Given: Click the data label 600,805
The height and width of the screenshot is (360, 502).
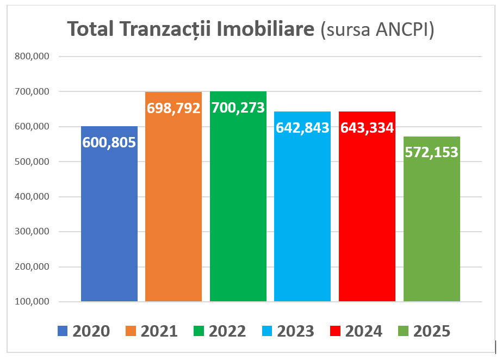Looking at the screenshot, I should coord(109,142).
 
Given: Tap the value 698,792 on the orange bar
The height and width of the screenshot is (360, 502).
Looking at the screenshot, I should coord(173,108).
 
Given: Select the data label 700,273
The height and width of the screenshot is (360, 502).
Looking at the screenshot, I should coord(238,108).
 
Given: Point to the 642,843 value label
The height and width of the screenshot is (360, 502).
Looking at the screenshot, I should coord(302,127).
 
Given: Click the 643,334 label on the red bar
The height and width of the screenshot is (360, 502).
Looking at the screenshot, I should coord(367,127).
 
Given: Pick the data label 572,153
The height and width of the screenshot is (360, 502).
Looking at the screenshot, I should coord(432,152).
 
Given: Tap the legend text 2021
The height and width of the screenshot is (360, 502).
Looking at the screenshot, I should coord(159,331).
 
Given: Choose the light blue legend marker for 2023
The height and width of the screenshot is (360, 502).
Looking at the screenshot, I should coord(267,331).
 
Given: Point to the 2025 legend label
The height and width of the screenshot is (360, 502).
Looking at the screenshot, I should coord(432,331).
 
